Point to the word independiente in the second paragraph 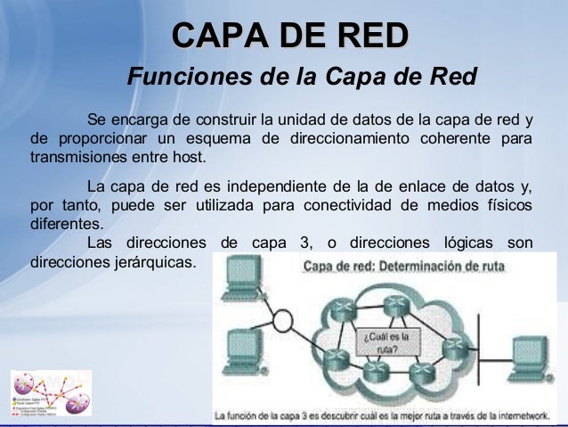[284, 186]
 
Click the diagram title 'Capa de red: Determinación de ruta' [393, 266]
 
